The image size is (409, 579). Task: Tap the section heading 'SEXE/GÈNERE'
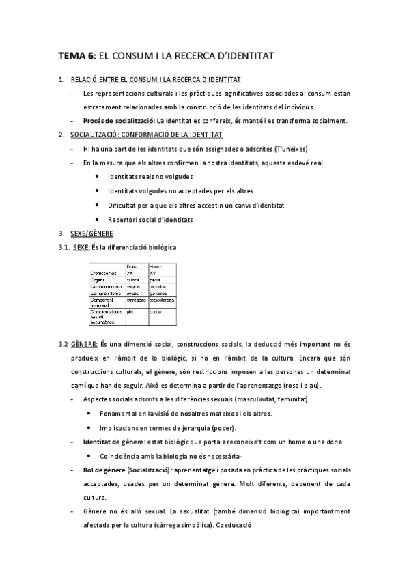91,233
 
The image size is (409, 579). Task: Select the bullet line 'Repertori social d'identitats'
150,219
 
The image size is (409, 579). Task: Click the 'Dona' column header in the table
132,266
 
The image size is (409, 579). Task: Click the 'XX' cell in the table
130,272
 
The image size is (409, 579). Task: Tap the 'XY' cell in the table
153,272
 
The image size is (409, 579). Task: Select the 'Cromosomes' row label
103,272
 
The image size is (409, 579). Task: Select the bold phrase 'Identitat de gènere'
112,442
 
